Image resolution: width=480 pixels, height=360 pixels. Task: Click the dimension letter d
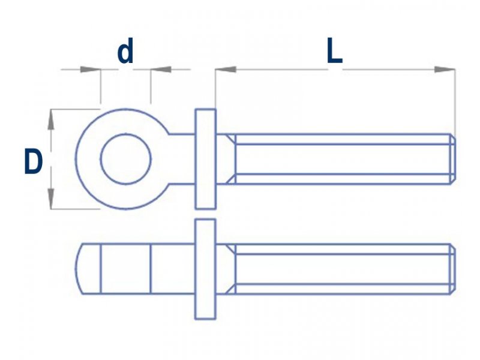point(125,53)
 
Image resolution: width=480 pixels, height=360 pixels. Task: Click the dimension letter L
point(334,53)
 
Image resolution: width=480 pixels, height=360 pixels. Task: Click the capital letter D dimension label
point(34,162)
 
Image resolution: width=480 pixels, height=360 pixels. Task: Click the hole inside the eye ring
point(126,160)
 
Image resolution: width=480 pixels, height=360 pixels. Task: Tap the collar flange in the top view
point(205,159)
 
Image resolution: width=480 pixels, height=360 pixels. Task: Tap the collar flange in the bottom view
point(205,269)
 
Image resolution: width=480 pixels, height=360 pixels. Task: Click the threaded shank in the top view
point(342,159)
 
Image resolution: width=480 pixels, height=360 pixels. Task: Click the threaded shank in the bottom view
point(342,269)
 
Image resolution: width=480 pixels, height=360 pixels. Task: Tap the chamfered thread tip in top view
point(452,159)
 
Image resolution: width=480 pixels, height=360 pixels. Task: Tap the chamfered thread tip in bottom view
point(452,269)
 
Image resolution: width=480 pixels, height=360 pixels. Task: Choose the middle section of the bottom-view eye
point(125,269)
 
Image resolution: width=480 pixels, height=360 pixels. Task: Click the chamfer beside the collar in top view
point(229,159)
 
